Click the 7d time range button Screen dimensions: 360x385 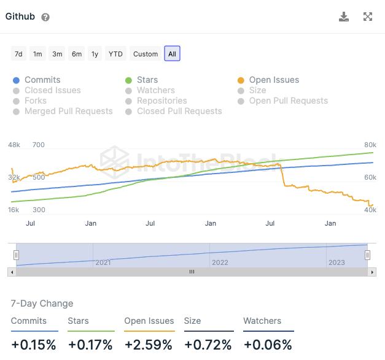click(18, 54)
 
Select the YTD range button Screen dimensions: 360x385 click(115, 54)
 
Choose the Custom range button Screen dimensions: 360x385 click(146, 54)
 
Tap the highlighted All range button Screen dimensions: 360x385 click(172, 54)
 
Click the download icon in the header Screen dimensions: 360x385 click(344, 17)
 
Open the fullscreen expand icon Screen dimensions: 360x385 click(368, 17)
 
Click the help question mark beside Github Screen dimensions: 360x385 click(45, 17)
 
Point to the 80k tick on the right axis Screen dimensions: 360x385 click(370, 145)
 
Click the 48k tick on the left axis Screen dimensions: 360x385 click(14, 145)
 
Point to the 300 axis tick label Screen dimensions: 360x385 click(39, 210)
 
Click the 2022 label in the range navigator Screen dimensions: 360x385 click(219, 262)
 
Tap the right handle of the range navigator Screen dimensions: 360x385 click(367, 255)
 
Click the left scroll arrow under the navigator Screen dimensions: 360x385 click(11, 272)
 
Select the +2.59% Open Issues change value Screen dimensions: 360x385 click(148, 345)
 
